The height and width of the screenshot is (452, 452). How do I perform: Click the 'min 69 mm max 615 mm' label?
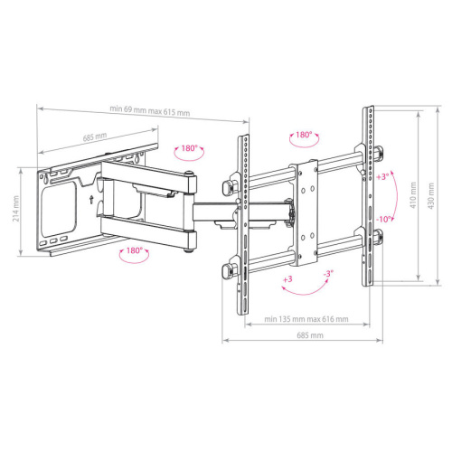pyautogui.click(x=150, y=111)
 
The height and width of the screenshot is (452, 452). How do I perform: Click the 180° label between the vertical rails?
pyautogui.click(x=304, y=135)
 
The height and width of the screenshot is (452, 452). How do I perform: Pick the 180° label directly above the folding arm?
pyautogui.click(x=188, y=148)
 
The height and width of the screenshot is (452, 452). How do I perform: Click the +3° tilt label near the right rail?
pyautogui.click(x=382, y=177)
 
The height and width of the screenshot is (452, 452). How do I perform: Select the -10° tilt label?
pyautogui.click(x=383, y=220)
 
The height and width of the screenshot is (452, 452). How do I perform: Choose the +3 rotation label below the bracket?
pyautogui.click(x=287, y=280)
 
